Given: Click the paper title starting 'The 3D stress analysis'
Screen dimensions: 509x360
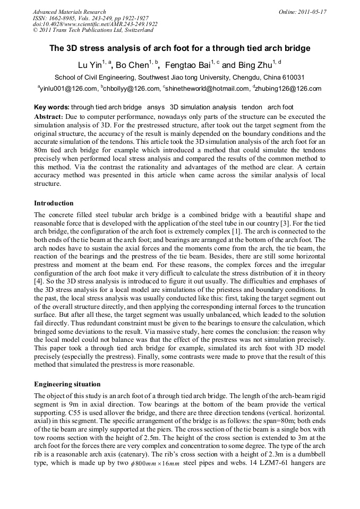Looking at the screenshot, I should [x=180, y=48].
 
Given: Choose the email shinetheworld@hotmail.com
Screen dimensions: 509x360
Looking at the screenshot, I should [x=207, y=89].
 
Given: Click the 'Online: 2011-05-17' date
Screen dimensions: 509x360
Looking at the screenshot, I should [x=303, y=12].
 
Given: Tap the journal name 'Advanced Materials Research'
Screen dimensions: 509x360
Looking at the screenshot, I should [x=69, y=12].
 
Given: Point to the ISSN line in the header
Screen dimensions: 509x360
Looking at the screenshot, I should [x=90, y=18].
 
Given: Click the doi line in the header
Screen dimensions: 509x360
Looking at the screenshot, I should [x=95, y=24].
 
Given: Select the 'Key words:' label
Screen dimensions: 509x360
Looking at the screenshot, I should [x=52, y=107].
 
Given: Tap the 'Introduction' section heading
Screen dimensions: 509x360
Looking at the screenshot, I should [x=54, y=203].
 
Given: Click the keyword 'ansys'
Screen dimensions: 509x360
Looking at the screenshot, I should [x=156, y=107].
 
